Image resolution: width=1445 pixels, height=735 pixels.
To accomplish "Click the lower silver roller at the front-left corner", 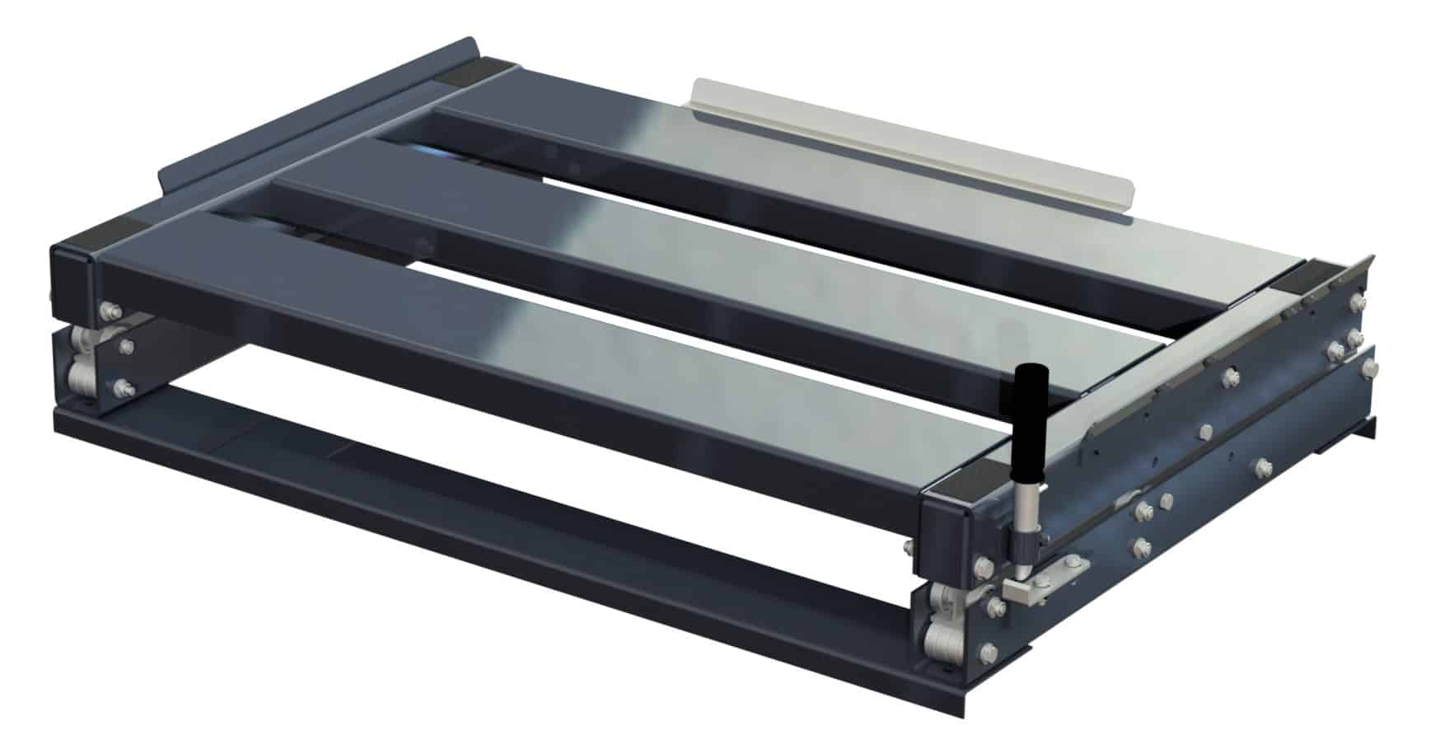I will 80,379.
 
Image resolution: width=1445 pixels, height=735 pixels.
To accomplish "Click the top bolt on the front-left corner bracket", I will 110,311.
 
